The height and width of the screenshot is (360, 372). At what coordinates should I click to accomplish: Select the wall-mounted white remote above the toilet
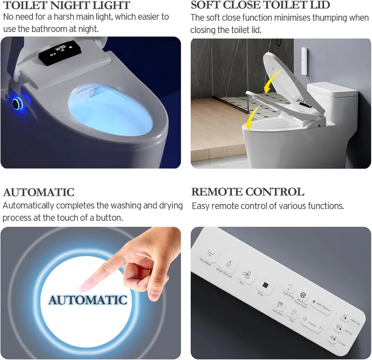coord(304,60)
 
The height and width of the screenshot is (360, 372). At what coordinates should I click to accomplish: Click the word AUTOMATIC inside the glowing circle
coord(88,300)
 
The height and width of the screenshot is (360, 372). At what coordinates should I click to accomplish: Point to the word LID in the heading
coord(320,6)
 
